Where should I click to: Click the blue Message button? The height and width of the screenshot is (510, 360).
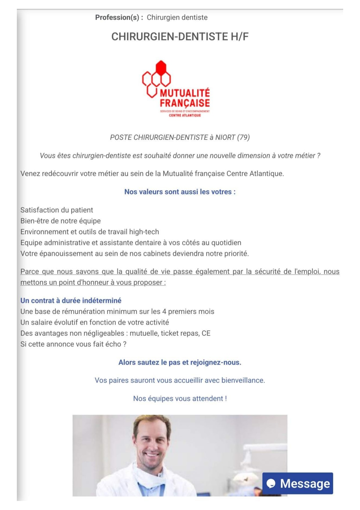[298, 483]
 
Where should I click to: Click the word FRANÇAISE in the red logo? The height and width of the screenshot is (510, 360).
[185, 103]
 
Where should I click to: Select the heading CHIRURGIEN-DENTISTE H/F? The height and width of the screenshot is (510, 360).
[180, 37]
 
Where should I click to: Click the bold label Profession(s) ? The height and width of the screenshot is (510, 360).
[119, 17]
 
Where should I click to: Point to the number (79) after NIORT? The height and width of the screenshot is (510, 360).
[243, 137]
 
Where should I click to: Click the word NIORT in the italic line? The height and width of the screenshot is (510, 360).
[225, 137]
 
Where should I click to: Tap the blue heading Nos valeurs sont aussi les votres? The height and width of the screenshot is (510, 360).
[180, 192]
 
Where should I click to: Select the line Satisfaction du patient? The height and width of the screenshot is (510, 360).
[57, 210]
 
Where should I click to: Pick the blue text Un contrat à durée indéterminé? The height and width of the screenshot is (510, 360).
[71, 300]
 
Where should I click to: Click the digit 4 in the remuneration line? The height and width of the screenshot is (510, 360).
[164, 312]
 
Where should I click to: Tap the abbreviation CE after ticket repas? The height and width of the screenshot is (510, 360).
[206, 333]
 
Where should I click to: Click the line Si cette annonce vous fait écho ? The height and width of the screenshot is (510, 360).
[73, 344]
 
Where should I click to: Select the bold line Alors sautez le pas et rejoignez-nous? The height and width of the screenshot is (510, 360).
[180, 362]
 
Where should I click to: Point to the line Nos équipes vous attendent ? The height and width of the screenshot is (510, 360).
[180, 398]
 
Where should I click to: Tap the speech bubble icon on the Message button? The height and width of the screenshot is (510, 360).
[271, 484]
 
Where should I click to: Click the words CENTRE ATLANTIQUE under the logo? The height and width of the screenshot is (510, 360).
[185, 115]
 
